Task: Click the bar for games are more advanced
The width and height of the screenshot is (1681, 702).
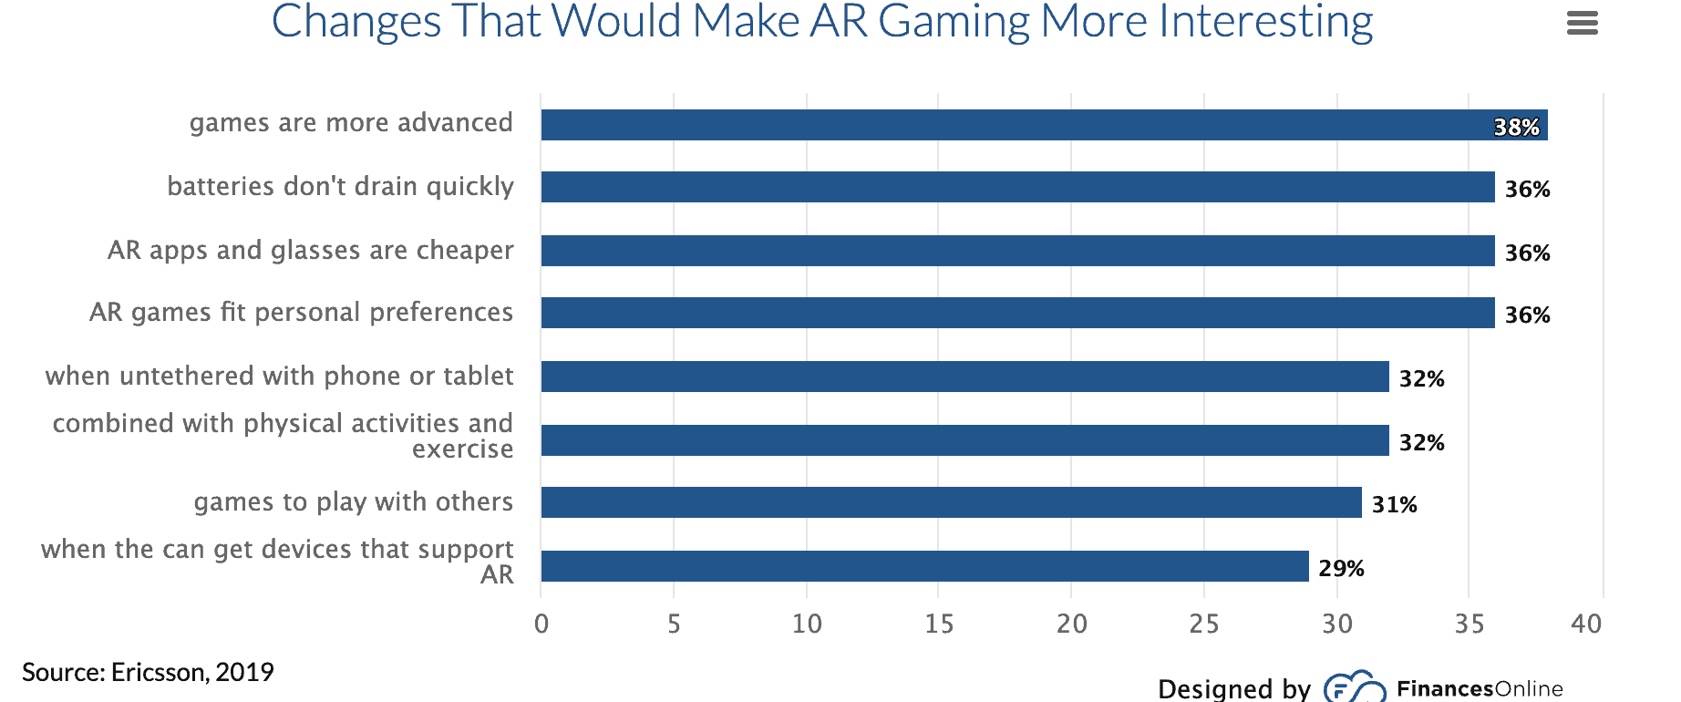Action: click(x=1044, y=125)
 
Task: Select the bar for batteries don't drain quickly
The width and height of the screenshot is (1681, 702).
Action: click(x=1017, y=187)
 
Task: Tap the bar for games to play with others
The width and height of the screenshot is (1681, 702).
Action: click(x=951, y=502)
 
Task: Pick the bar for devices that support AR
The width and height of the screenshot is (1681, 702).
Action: click(x=924, y=566)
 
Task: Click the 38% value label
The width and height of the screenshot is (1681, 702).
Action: click(x=1516, y=127)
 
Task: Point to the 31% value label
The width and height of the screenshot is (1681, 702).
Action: click(x=1394, y=504)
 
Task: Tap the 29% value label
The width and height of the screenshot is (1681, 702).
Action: click(x=1341, y=568)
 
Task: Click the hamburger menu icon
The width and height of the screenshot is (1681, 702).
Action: click(x=1582, y=23)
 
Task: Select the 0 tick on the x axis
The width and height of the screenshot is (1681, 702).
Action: click(x=541, y=624)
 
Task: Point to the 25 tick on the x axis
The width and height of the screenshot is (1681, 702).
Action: click(x=1203, y=624)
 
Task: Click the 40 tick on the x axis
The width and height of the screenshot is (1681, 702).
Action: click(x=1586, y=624)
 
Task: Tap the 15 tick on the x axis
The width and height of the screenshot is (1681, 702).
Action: click(x=939, y=624)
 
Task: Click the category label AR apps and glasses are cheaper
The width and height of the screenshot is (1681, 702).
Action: click(x=310, y=250)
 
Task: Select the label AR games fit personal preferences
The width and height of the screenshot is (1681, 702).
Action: click(x=301, y=313)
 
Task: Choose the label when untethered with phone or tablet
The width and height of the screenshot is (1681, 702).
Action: click(x=279, y=376)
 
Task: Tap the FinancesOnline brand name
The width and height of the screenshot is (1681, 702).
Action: click(x=1479, y=688)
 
